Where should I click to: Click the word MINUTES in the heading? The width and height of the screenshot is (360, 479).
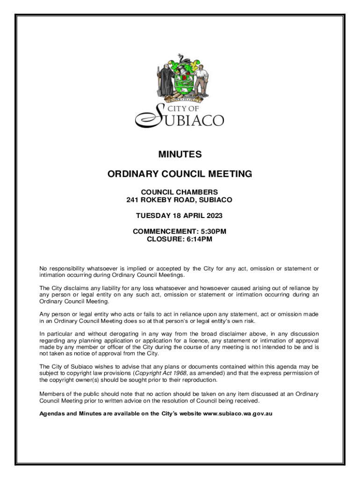[x=180, y=154]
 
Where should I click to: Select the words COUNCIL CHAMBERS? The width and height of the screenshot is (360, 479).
[x=180, y=192]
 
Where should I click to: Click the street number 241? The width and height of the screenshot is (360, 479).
[x=133, y=200]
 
